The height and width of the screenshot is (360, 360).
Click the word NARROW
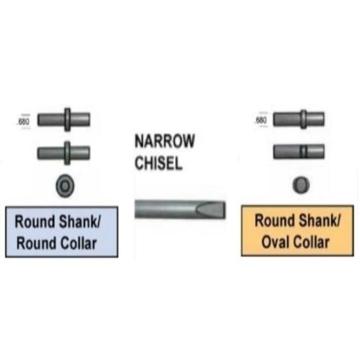165,141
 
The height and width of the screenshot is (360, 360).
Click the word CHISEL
158,163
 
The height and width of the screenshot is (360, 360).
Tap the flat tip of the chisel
225,210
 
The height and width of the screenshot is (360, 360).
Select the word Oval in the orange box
275,242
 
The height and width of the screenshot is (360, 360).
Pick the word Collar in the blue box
78,243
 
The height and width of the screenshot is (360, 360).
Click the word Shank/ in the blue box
79,222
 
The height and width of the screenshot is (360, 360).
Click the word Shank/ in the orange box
319,220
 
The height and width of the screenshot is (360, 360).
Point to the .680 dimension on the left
24,122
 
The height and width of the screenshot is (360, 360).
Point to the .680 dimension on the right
261,120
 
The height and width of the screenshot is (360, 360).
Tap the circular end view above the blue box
65,186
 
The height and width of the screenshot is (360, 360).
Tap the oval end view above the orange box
301,184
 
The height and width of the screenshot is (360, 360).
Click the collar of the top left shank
68,120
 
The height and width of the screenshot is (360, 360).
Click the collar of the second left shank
68,153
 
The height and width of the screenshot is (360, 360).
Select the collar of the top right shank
304,120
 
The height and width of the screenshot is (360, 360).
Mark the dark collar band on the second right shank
304,152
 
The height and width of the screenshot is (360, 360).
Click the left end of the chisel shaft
136,210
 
